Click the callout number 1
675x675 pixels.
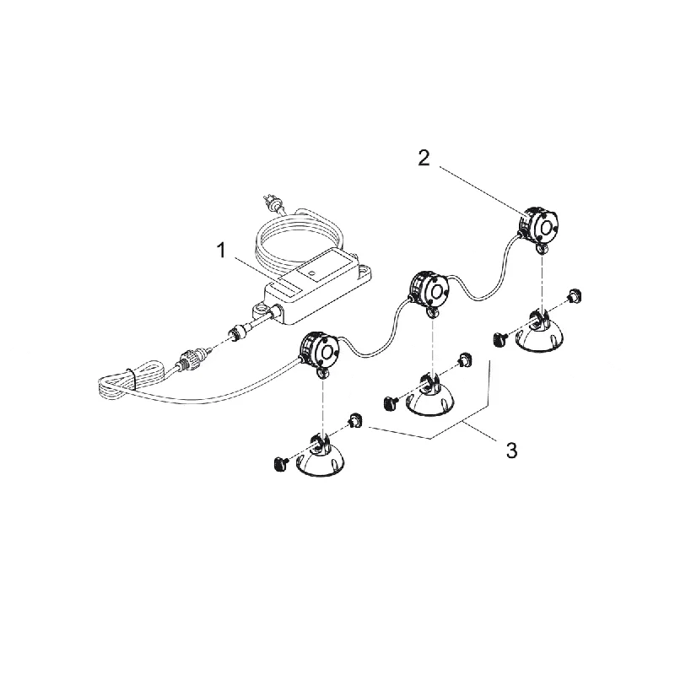click(222, 250)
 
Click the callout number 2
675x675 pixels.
click(424, 158)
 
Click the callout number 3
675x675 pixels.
click(511, 451)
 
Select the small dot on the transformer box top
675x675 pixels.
click(312, 273)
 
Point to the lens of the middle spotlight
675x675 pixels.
click(438, 291)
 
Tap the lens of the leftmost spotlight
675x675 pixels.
click(330, 353)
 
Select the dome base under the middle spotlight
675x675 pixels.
click(430, 397)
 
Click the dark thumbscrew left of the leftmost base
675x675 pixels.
click(280, 463)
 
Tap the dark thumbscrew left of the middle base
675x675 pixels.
click(390, 402)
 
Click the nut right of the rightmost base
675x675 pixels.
click(574, 296)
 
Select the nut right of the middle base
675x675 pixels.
click(464, 359)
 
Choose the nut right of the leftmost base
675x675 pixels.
click(355, 420)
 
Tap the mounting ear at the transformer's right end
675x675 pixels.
click(364, 271)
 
